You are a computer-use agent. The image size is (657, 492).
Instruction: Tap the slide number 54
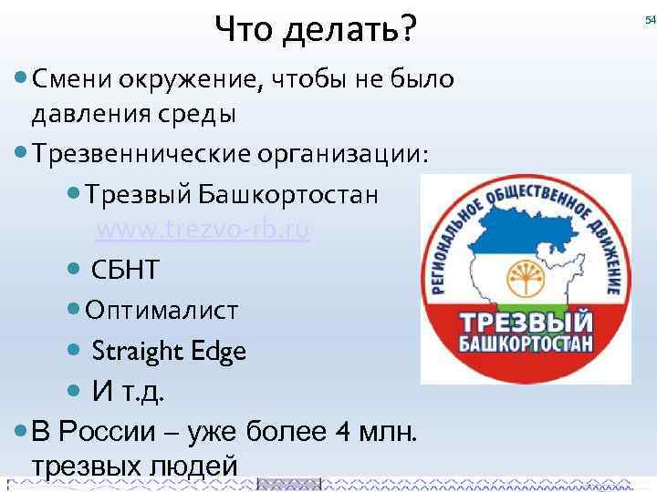pyautogui.click(x=650, y=19)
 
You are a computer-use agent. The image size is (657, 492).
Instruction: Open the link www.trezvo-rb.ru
pyautogui.click(x=203, y=231)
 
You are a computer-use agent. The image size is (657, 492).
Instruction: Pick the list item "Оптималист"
pyautogui.click(x=162, y=311)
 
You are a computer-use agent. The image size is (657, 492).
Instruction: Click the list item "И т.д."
pyautogui.click(x=130, y=391)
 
